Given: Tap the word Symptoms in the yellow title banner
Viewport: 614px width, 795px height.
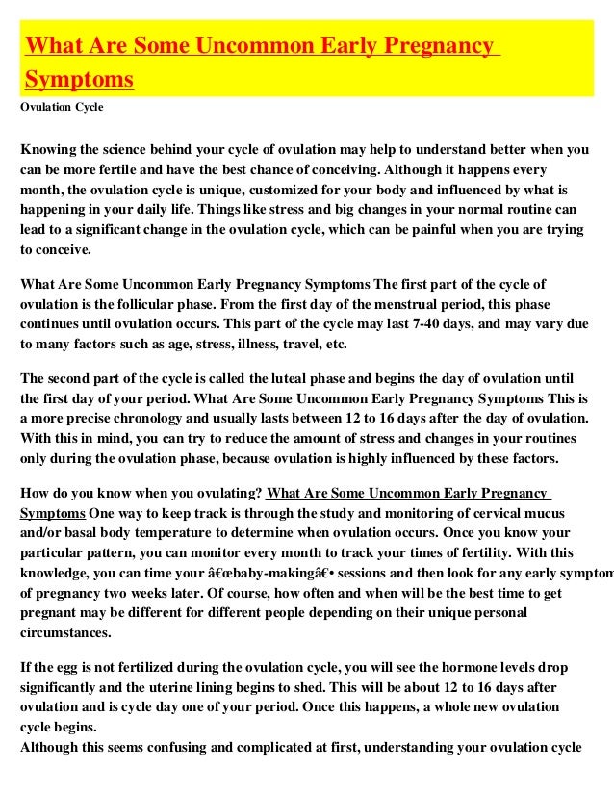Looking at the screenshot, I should pyautogui.click(x=79, y=78).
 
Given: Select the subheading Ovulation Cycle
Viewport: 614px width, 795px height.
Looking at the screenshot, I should pyautogui.click(x=62, y=107).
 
